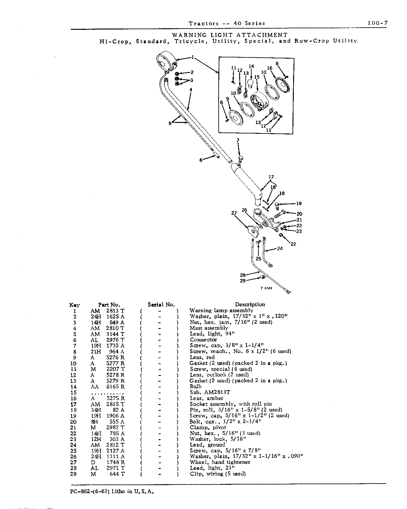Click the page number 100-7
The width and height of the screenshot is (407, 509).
point(378,23)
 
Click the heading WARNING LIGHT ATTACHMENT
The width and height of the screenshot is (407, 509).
point(230,35)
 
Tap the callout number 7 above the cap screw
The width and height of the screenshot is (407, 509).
point(238,140)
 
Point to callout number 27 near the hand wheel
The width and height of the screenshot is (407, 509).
point(234,213)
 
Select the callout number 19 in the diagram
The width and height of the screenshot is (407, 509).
point(299,203)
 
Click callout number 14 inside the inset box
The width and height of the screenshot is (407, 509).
point(251,66)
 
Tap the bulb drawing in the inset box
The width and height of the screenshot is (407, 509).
point(251,84)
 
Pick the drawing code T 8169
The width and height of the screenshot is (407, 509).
point(266,288)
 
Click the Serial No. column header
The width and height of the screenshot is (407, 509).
point(161,305)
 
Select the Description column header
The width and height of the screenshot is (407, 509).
point(250,304)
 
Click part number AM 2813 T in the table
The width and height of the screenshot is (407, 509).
point(108,311)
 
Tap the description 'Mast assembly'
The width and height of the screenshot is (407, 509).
point(209,328)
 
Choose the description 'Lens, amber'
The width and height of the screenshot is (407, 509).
point(207,398)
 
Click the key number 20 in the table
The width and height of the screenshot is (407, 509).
point(73,422)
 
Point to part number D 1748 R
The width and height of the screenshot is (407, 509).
point(108,462)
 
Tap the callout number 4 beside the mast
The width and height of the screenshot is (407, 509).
point(191,90)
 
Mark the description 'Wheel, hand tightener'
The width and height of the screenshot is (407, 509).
point(220,462)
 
